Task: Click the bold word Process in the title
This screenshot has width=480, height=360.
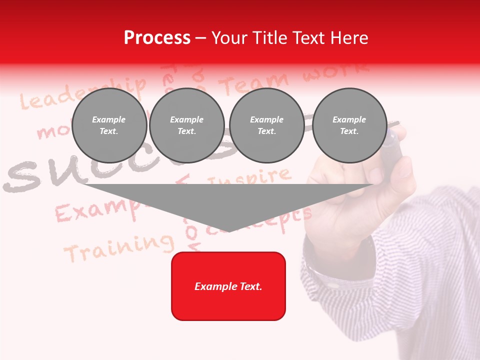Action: pos(157,38)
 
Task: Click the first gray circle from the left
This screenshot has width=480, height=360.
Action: pos(109,125)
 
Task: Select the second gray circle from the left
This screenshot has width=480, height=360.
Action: pos(187,125)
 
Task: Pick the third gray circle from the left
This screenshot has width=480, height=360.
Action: pos(266,125)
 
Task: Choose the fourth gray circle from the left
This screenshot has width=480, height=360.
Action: pos(349,125)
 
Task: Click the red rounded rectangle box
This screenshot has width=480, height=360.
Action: pos(228,286)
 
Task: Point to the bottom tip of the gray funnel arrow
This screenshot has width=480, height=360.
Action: pos(229,231)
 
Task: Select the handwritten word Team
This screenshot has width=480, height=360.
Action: pos(255,83)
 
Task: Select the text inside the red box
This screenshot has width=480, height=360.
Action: pos(228,286)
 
